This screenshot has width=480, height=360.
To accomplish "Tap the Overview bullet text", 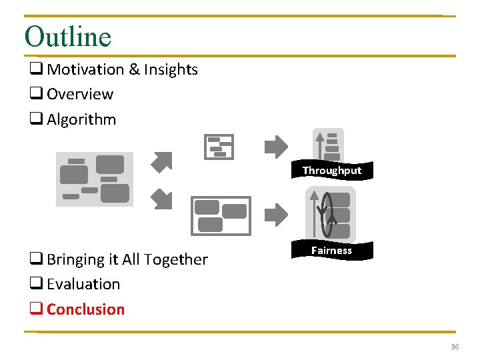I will (x=80, y=94).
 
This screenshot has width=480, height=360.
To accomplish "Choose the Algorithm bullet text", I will (x=81, y=119).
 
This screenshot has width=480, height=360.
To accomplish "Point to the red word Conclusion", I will (x=85, y=309).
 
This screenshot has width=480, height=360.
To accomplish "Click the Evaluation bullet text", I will (x=83, y=284).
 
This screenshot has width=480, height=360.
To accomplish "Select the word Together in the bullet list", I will (x=177, y=259).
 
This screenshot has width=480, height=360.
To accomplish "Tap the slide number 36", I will (x=455, y=347).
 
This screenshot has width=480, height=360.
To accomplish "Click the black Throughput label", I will (x=331, y=171).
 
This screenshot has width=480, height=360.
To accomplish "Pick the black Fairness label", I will (x=331, y=251).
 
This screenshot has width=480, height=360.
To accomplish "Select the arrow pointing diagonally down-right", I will (x=161, y=198).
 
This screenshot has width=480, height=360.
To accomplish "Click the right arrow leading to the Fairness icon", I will (x=276, y=215).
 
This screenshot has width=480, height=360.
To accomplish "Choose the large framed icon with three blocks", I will (x=221, y=216).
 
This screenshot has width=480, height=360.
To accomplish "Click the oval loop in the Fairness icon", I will (x=326, y=213).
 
